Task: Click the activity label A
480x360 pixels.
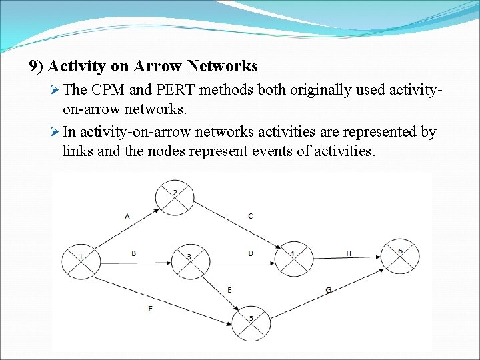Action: pyautogui.click(x=127, y=216)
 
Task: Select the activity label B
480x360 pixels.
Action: pyautogui.click(x=133, y=253)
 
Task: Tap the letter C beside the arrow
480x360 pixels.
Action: pyautogui.click(x=250, y=216)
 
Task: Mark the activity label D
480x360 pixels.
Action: pyautogui.click(x=250, y=253)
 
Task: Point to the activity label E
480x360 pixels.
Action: pyautogui.click(x=229, y=290)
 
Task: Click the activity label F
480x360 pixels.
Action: pyautogui.click(x=149, y=308)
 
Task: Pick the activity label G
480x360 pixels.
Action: pyautogui.click(x=328, y=289)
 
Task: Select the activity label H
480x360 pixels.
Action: pyautogui.click(x=349, y=253)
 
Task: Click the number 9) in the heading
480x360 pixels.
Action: pyautogui.click(x=36, y=66)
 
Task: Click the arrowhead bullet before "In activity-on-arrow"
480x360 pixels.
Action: pyautogui.click(x=55, y=131)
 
